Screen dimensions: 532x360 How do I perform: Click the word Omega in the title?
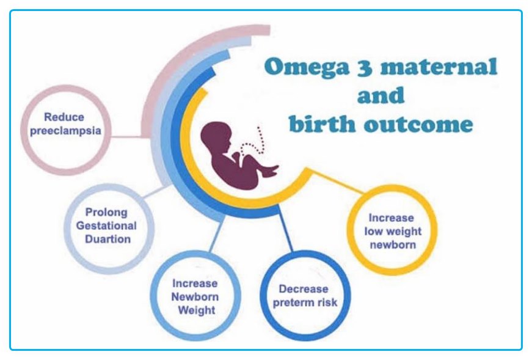pos(307,67)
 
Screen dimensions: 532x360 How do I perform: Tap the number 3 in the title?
pos(365,67)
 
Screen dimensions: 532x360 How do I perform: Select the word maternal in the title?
pos(439,66)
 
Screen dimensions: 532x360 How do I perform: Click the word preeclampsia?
pos(65,131)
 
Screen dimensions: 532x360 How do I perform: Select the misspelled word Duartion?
pos(108,239)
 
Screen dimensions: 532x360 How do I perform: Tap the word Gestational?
pos(106,226)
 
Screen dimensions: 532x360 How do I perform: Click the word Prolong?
pos(106,213)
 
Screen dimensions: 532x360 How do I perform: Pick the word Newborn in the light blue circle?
pos(195,297)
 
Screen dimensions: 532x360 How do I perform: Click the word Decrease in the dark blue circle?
pos(304,289)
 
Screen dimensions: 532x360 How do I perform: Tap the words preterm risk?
pos(305,303)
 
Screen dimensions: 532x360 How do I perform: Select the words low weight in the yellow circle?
pos(393,232)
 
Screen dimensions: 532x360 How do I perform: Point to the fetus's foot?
pos(271,171)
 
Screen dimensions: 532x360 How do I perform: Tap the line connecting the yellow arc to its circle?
pos(337,182)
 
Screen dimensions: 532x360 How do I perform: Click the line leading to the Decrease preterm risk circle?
pos(285,229)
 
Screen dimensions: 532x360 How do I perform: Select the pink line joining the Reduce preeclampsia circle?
pos(126,137)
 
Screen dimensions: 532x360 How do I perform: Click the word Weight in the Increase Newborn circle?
pos(197,310)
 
